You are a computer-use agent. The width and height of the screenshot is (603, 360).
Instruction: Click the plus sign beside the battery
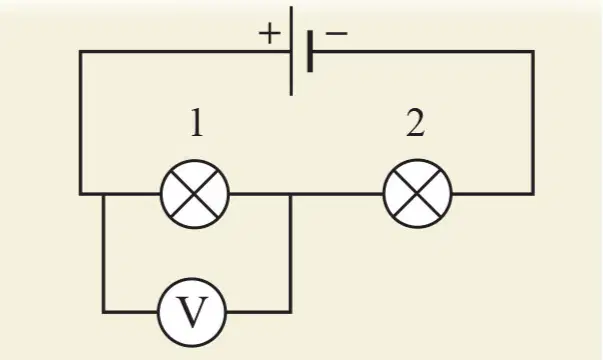(269, 33)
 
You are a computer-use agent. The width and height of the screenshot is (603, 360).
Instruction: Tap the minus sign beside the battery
(336, 33)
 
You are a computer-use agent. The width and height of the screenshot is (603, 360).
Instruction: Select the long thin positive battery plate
(291, 51)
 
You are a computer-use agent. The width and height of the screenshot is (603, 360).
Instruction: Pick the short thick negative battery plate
(310, 52)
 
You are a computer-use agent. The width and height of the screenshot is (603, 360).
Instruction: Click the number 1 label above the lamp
(197, 122)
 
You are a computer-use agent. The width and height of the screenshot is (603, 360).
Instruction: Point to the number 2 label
(416, 122)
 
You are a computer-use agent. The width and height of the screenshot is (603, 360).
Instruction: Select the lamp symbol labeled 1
(195, 194)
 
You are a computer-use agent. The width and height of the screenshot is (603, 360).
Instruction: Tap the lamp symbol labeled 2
(418, 193)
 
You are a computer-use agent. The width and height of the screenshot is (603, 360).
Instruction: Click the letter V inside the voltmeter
(192, 312)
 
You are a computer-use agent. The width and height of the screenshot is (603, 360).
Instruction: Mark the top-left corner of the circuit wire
(81, 51)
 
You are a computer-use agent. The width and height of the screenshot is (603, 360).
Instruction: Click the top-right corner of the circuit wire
(533, 51)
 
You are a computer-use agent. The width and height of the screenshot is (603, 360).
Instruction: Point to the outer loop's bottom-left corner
(81, 194)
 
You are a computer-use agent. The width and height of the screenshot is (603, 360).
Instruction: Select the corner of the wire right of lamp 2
(533, 193)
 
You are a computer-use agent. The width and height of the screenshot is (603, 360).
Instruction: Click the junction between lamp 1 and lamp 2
(291, 194)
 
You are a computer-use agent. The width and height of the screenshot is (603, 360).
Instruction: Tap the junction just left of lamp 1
(103, 194)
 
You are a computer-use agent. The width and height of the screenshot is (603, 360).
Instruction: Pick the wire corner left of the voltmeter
(103, 312)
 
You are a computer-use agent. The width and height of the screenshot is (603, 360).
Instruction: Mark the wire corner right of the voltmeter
(291, 312)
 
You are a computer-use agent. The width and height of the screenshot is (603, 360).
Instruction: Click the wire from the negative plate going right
(423, 51)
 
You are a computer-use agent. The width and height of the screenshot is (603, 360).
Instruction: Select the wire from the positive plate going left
(185, 51)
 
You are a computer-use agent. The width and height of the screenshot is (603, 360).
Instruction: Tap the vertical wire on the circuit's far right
(533, 122)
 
